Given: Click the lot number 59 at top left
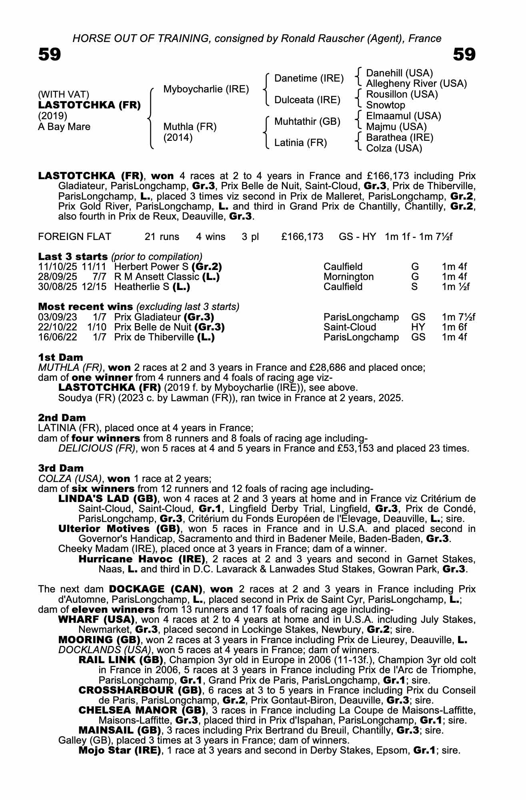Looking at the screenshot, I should point(50,54).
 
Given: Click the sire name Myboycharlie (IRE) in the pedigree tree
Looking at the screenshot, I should point(206,89).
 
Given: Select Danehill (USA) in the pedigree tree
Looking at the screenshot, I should point(400,73).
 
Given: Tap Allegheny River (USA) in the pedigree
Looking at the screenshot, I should point(416,84).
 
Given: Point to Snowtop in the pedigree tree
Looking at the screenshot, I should point(386,105).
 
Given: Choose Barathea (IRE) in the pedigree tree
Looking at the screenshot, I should point(400,138).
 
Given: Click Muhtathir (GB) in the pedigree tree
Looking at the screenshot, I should point(307,121).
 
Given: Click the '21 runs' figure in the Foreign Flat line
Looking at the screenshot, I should point(162,237).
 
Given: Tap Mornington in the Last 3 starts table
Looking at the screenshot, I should point(348,277).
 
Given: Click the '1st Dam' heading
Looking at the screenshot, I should point(61,357).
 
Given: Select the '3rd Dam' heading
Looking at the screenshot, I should point(61,468).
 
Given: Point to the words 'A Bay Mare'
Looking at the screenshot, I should point(64,127).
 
